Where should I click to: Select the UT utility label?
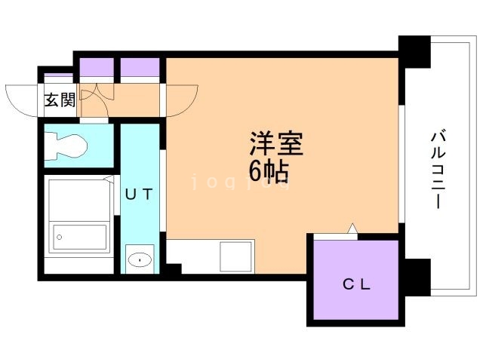[x=140, y=194]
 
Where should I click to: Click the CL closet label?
[x=356, y=284]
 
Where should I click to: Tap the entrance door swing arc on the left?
[x=20, y=99]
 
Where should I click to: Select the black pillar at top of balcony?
[x=413, y=52]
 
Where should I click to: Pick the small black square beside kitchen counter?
[x=174, y=268]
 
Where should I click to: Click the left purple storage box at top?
[x=97, y=68]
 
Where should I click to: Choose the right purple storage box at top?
[x=140, y=68]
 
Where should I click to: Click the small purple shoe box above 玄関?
[x=57, y=78]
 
